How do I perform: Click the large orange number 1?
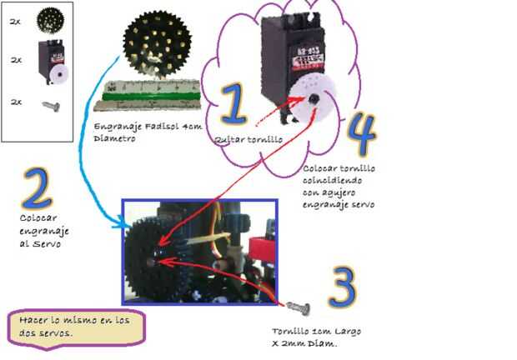point(235,107)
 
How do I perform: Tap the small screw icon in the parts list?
point(48,102)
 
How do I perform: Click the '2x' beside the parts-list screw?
point(15,102)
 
